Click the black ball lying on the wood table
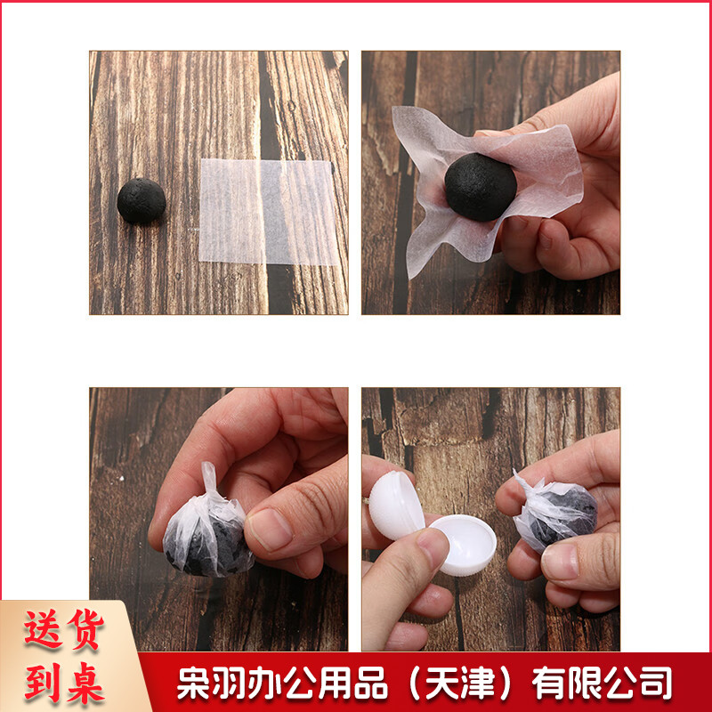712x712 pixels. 142,201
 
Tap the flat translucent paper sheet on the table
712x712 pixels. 268,212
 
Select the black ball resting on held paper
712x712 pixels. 481,187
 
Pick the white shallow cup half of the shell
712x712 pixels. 464,545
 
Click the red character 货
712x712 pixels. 85,628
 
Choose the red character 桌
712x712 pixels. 85,682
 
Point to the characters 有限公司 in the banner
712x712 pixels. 602,683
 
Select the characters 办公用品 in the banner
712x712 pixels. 319,683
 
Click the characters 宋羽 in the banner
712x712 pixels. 212,683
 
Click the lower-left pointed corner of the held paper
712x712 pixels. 410,277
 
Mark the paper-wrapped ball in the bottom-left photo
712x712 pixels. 207,526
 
